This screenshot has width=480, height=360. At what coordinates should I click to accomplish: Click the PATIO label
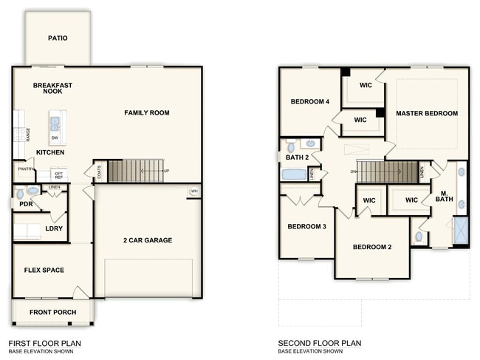(x=58, y=38)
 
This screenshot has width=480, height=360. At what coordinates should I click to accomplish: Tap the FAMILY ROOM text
(x=147, y=113)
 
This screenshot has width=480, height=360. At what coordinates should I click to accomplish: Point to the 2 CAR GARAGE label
(x=148, y=240)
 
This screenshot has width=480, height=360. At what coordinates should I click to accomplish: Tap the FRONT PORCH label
(x=52, y=312)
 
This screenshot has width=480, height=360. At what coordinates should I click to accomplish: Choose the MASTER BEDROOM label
(x=426, y=113)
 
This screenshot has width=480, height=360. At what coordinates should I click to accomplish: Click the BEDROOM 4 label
(x=309, y=102)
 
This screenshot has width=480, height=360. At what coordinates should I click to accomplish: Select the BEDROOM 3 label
(x=307, y=226)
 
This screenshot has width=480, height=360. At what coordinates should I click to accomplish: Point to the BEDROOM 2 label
(x=371, y=247)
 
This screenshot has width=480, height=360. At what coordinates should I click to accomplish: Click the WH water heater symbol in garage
(x=194, y=191)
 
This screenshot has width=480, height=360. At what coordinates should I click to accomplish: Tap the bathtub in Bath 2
(x=294, y=175)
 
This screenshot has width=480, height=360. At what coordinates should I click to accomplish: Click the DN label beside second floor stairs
(x=354, y=172)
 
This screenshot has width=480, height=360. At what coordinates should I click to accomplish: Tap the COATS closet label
(x=99, y=171)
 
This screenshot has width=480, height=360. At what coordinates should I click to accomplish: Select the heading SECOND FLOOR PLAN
(x=319, y=343)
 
